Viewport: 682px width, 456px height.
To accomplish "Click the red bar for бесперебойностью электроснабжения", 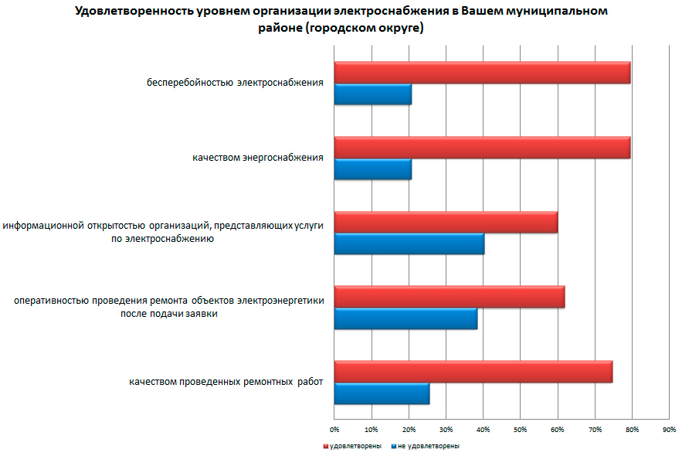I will click(x=482, y=73).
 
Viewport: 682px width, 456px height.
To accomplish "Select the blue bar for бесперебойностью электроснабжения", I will click(x=372, y=94).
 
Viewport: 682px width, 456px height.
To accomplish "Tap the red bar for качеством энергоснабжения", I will click(x=482, y=148).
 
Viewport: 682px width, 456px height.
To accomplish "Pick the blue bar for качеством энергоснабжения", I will click(x=372, y=169).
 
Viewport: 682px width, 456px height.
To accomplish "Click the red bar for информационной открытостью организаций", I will click(x=446, y=223).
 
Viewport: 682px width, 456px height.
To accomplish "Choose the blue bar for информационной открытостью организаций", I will click(x=409, y=244).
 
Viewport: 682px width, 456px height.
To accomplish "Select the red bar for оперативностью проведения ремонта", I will click(x=450, y=298).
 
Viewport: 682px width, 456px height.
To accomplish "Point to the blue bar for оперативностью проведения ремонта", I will click(x=405, y=319).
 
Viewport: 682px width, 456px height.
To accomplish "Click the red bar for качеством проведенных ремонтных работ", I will click(x=473, y=372).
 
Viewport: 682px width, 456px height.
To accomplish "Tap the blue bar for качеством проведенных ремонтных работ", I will click(x=382, y=394).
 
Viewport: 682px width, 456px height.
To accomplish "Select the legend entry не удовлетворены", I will click(x=429, y=446).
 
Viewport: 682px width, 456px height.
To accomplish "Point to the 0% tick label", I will click(x=334, y=428).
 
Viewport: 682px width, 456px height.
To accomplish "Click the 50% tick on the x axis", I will click(x=521, y=428).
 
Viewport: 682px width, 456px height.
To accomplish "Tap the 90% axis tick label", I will click(x=670, y=428).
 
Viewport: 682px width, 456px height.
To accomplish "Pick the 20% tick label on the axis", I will click(x=409, y=428).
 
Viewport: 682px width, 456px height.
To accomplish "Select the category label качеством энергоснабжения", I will click(x=258, y=158).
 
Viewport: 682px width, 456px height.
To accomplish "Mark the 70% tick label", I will click(x=595, y=428).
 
